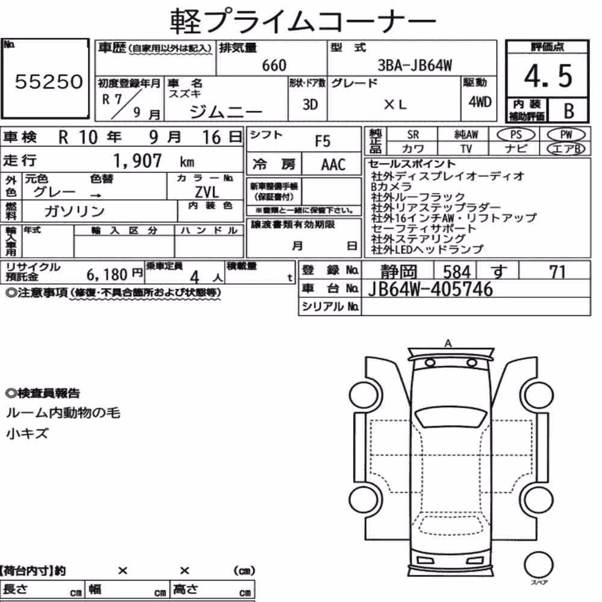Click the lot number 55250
(x=49, y=81)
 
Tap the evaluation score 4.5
(x=548, y=76)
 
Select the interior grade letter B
(x=569, y=111)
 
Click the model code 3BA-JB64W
(x=415, y=65)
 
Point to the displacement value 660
(x=274, y=65)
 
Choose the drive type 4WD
(x=480, y=102)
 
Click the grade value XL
(x=395, y=104)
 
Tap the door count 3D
(x=310, y=104)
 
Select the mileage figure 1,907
(x=137, y=161)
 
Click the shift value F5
(x=323, y=141)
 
